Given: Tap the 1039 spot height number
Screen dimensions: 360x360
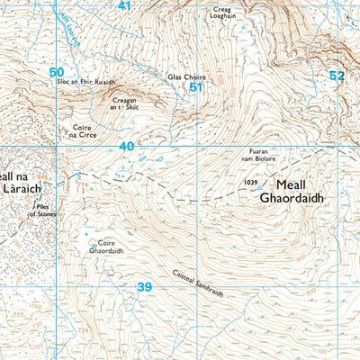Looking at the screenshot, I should (250, 182).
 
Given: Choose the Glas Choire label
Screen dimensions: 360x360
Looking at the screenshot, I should (183, 77).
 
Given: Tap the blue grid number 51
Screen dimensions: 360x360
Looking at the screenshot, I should (195, 88).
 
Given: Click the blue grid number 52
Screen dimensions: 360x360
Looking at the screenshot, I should (337, 76).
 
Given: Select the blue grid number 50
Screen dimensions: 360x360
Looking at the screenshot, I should (57, 72).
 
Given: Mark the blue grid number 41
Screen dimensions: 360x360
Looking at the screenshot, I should (124, 6).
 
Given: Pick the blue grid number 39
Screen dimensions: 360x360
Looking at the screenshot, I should (144, 286).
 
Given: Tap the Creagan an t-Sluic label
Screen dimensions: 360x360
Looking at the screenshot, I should (130, 103).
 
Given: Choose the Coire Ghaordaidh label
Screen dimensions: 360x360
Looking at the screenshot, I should (109, 247).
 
